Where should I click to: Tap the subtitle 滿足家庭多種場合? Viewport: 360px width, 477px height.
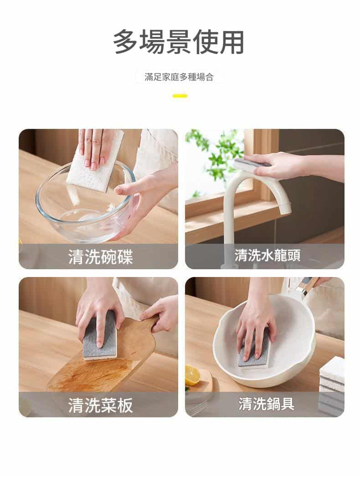click(179, 77)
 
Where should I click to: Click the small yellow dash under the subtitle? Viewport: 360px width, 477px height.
click(180, 96)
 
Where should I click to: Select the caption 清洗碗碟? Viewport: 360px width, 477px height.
click(100, 257)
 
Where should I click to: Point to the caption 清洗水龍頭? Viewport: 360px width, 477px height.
click(267, 255)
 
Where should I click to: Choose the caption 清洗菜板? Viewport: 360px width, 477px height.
click(100, 405)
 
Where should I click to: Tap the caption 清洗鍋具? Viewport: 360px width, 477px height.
click(266, 404)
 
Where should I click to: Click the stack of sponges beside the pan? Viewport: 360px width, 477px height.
click(332, 386)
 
